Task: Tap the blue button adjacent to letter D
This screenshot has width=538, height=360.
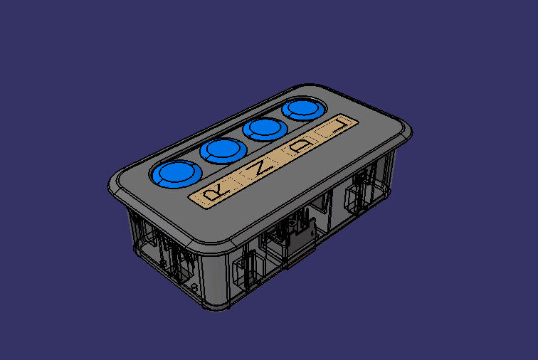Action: click(x=263, y=129)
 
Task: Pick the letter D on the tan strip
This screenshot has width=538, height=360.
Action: click(x=303, y=147)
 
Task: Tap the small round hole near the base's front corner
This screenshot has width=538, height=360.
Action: click(x=195, y=286)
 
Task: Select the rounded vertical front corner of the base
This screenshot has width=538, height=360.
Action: click(x=213, y=285)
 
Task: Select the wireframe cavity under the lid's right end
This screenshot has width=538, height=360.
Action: click(x=359, y=192)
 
